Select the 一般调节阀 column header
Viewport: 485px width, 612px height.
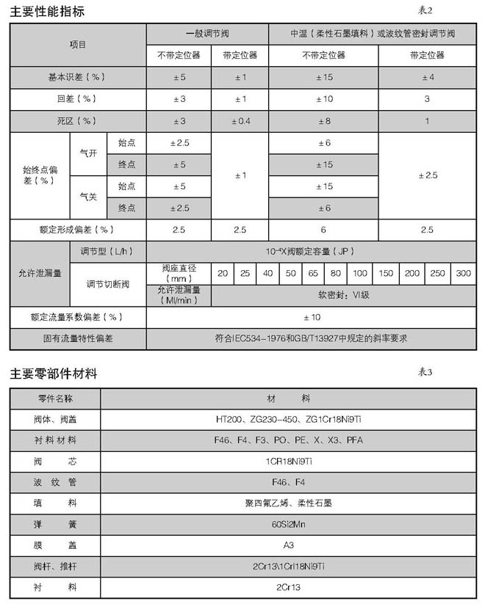point(208,34)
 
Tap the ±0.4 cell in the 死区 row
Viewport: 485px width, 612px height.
point(240,120)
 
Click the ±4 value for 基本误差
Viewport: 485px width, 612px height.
point(427,76)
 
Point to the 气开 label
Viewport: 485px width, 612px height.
point(88,153)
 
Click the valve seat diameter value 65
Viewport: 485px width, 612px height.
point(313,273)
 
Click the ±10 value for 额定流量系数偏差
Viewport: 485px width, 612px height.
point(311,317)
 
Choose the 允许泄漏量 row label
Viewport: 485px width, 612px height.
point(40,273)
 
